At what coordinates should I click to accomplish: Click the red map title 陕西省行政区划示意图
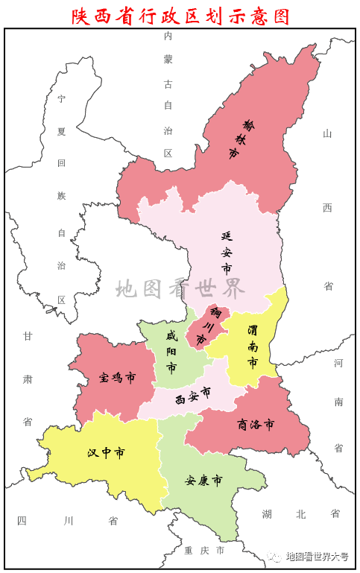tap(180, 15)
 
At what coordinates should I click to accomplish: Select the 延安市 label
tap(226, 251)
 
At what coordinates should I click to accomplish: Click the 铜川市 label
tap(207, 325)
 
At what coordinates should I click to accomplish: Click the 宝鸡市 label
tap(117, 378)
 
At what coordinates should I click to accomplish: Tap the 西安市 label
tap(192, 396)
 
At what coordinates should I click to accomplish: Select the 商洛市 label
tap(256, 425)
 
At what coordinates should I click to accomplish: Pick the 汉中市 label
tap(105, 452)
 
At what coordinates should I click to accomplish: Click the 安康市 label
tap(203, 480)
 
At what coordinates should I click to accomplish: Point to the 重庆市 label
tap(203, 551)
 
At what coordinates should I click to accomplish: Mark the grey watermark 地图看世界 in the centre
tap(180, 288)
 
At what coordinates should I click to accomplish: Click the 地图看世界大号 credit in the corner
tap(312, 557)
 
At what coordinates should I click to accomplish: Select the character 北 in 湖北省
tap(300, 513)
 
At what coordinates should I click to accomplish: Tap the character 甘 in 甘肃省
tap(28, 336)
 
